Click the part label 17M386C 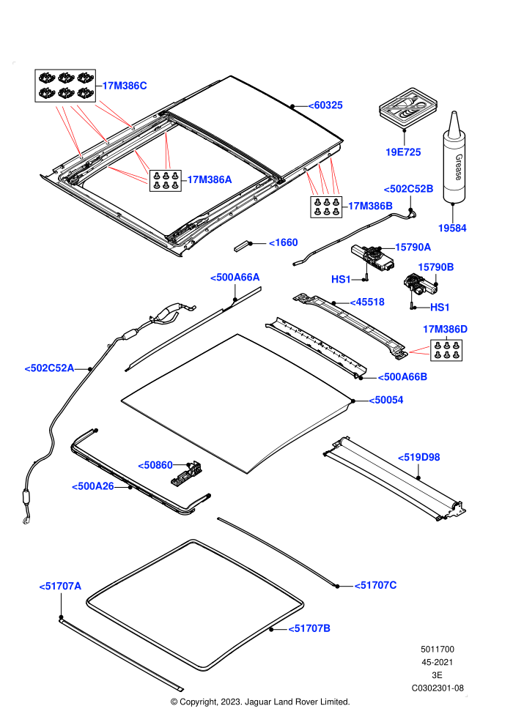[125, 86]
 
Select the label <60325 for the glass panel [325, 105]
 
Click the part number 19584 [452, 228]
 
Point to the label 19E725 [403, 152]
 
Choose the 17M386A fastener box [165, 180]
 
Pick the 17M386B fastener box [327, 207]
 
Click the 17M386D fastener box [446, 350]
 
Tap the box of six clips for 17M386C [65, 86]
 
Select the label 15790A [413, 248]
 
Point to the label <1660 [283, 242]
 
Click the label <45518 [367, 302]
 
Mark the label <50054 [385, 400]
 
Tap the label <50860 [155, 465]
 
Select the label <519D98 [418, 457]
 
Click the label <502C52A [49, 368]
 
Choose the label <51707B [309, 628]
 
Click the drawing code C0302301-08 [438, 688]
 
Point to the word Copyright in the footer [199, 702]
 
